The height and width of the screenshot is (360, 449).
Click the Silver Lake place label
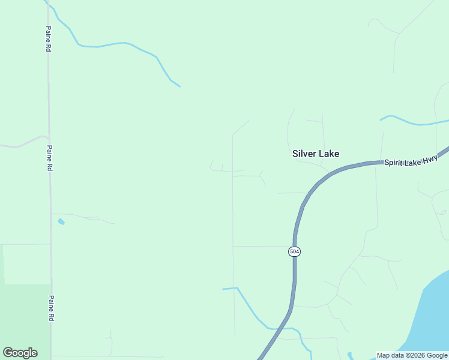click(315, 154)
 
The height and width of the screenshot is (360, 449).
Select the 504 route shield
click(294, 251)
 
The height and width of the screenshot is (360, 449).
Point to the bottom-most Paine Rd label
click(52, 308)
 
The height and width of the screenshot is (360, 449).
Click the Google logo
click(20, 353)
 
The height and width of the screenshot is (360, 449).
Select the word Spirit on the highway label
click(396, 163)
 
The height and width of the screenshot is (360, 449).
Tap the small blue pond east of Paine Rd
click(61, 221)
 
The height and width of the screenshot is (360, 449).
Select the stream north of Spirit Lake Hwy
click(414, 123)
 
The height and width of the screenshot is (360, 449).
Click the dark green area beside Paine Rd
click(24, 318)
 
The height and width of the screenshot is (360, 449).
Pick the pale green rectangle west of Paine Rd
click(26, 264)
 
